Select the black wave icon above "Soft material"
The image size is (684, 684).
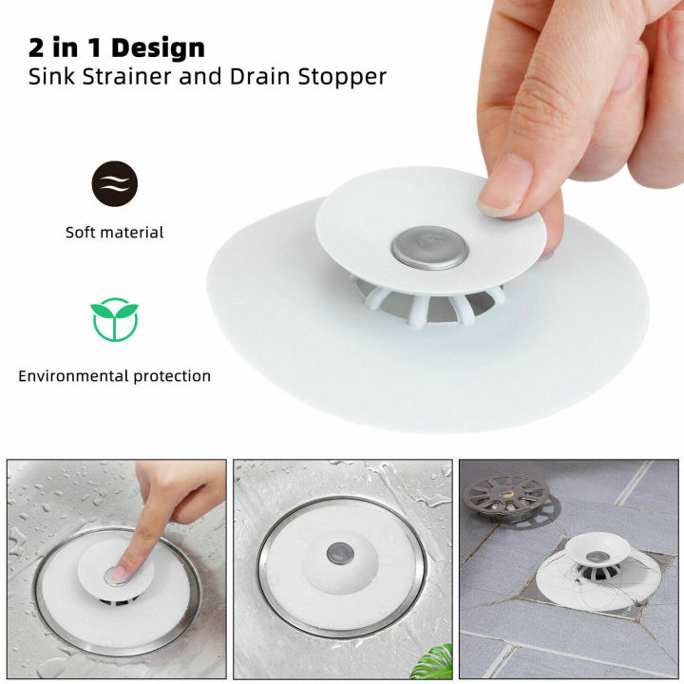pyautogui.click(x=114, y=184)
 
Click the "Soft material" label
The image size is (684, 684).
pyautogui.click(x=114, y=232)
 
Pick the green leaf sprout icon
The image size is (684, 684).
pyautogui.click(x=114, y=320)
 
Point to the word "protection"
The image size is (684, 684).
pyautogui.click(x=168, y=376)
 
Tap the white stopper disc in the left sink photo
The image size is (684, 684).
pyautogui.click(x=95, y=584)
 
